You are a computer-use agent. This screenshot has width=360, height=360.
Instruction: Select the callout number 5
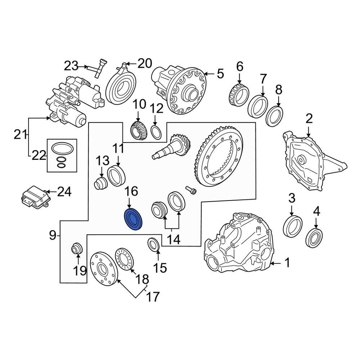pos(220,74)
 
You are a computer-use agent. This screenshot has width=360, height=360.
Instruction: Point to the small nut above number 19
pos(76,248)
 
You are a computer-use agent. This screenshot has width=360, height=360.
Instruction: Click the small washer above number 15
pos(153,244)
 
